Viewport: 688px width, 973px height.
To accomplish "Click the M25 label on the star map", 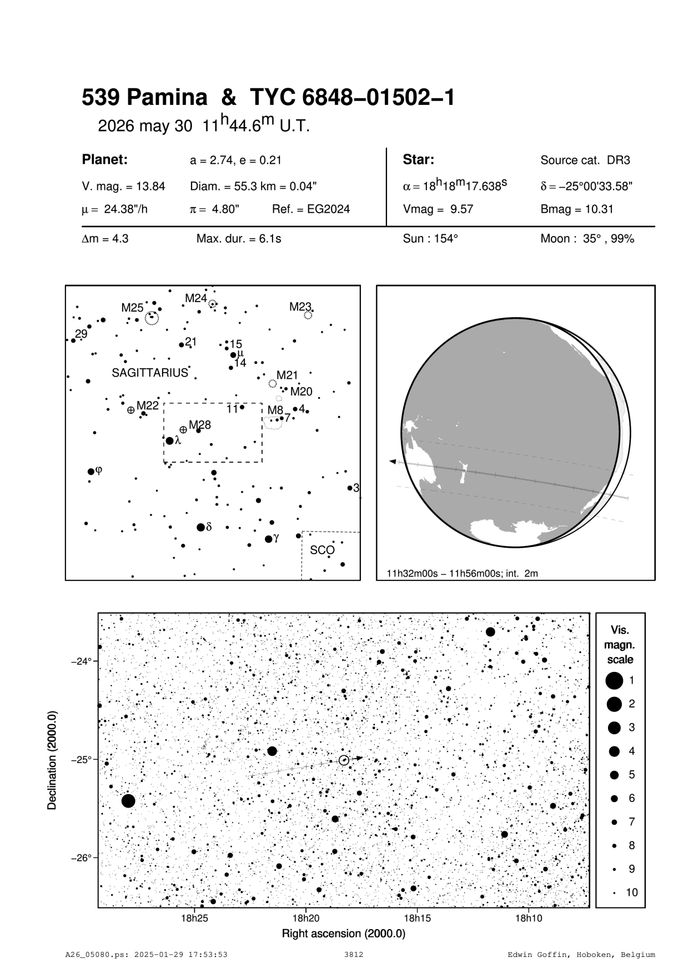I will point(132,308).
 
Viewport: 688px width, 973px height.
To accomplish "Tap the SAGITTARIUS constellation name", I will point(150,373).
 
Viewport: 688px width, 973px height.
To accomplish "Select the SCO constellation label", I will point(322,550).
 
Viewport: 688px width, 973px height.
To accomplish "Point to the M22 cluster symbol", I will point(131,410).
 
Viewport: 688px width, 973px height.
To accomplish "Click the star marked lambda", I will point(170,441).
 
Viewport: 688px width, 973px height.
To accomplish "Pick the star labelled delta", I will point(200,527).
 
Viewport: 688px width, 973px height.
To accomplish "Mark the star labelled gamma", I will point(269,539).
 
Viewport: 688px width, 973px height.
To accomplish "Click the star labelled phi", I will point(92,472).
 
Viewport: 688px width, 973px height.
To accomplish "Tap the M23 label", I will point(300,307).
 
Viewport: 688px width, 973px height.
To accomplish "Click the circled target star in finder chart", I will point(344,760).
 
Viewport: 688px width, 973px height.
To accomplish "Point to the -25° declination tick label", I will point(81,759).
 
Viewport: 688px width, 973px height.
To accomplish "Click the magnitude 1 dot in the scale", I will point(614,680).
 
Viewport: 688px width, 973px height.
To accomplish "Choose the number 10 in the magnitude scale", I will point(632,892).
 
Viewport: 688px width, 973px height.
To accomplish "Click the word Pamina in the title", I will point(167,98).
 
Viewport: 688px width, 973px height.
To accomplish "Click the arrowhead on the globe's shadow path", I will point(392,462).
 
